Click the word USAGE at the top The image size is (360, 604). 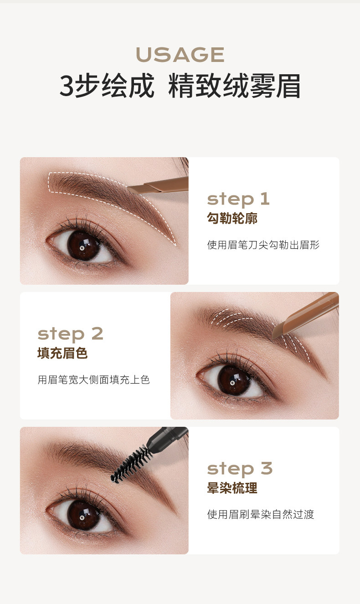pyautogui.click(x=180, y=55)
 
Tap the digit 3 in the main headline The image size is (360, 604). pyautogui.click(x=67, y=86)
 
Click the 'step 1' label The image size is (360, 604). pyautogui.click(x=238, y=200)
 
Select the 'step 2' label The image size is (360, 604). pyautogui.click(x=70, y=335)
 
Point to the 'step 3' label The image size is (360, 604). pyautogui.click(x=240, y=470)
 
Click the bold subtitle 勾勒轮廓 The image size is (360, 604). pyautogui.click(x=232, y=218)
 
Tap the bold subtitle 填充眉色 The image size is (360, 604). pyautogui.click(x=62, y=353)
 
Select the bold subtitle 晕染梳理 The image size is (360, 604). pyautogui.click(x=232, y=488)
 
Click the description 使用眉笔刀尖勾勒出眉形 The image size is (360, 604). pyautogui.click(x=263, y=245)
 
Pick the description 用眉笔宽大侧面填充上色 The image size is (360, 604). pyautogui.click(x=93, y=379)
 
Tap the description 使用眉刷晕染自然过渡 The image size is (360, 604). pyautogui.click(x=261, y=514)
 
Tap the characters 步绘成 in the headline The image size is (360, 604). pyautogui.click(x=114, y=86)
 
